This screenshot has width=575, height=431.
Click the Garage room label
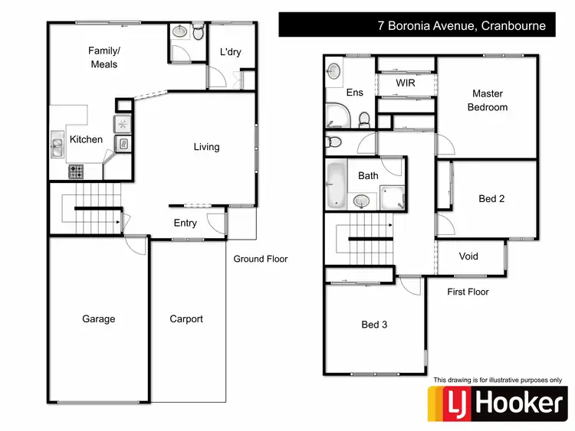[x=99, y=319]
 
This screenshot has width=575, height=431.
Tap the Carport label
[x=186, y=319]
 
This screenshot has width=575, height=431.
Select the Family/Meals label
[x=104, y=57]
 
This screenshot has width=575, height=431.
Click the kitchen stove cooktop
[x=76, y=171]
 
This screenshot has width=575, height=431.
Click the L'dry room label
[x=231, y=52]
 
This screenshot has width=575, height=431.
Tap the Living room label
[x=206, y=147]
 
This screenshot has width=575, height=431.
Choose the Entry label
[x=186, y=224]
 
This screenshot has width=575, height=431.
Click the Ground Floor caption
[x=261, y=259]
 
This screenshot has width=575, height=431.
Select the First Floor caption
[x=468, y=292]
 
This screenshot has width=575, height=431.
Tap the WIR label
[x=406, y=83]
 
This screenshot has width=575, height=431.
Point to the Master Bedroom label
[x=488, y=101]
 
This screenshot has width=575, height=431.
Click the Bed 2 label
[x=491, y=198]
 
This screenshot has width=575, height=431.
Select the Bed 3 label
[x=374, y=325]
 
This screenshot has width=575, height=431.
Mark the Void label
[x=468, y=256]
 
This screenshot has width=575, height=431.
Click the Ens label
[x=355, y=93]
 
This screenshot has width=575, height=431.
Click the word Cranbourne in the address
[x=513, y=25]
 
